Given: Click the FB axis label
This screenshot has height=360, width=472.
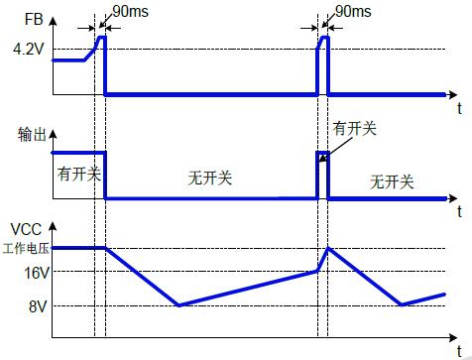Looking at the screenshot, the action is pos(34,19).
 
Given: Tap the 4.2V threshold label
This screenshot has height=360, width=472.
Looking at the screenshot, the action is pos(29,50).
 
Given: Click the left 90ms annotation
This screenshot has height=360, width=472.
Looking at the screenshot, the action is pos(131,11).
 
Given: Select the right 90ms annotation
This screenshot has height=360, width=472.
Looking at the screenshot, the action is pos(353,11).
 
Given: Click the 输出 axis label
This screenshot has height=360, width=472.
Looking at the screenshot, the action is pos(32,135).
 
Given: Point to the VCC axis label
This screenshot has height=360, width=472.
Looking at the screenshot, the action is pos(26,229).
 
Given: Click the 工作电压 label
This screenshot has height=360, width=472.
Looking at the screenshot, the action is pos(26,248).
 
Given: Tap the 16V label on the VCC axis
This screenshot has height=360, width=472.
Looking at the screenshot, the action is pos(37,273).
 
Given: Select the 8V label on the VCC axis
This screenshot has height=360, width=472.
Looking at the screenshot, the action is pos(38,306).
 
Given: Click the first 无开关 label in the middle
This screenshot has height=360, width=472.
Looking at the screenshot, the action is pos(210,178).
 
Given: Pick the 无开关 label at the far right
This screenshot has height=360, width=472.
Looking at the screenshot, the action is pos(392,181).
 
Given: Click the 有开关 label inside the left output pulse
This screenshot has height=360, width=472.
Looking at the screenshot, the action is pos(79,174).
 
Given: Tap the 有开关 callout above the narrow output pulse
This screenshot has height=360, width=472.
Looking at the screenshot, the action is pos(354,128).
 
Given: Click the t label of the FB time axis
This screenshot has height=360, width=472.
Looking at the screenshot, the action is pos(459,108).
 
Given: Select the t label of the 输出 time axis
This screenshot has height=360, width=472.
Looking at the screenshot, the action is pos(459,211).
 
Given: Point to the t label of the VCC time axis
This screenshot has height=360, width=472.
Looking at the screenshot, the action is pos(459,351).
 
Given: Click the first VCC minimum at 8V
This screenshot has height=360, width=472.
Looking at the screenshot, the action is pos(178,304).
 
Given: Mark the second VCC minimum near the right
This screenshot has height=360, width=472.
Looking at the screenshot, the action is pos(402,304).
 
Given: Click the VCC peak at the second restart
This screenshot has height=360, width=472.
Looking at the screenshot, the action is pos(328,248).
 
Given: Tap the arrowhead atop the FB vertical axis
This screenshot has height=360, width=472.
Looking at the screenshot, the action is pos(53,21).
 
